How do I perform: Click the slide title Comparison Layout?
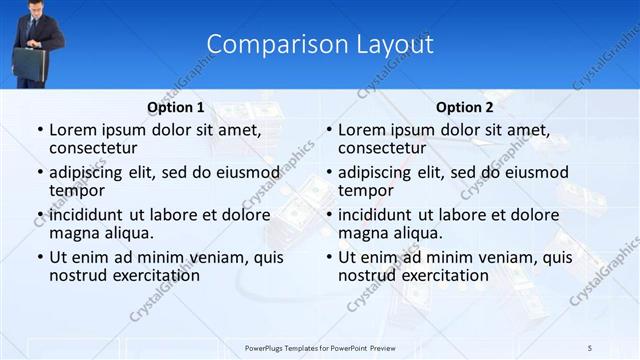pos(320,45)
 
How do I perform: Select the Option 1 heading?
pos(175,108)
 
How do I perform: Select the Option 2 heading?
pos(465,108)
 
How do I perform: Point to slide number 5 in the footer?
pos(590,347)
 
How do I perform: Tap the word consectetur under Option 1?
pos(95,148)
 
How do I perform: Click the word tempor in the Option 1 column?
pos(77,190)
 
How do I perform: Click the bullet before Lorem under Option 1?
pos(39,130)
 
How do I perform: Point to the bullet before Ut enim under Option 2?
pos(328,258)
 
